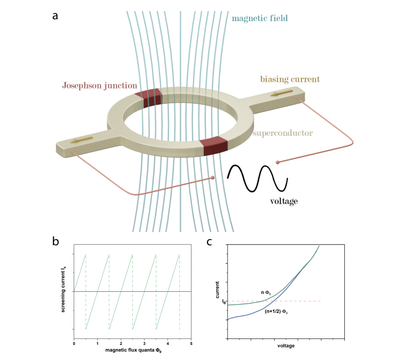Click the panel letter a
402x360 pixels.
pyautogui.click(x=55, y=15)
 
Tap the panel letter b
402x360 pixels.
pyautogui.click(x=56, y=241)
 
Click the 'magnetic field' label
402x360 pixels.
pyautogui.click(x=260, y=19)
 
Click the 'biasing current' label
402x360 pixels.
pyautogui.click(x=290, y=79)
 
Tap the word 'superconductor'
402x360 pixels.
pyautogui.click(x=283, y=133)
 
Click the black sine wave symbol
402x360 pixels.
pyautogui.click(x=257, y=178)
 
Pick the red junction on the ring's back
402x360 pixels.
pyautogui.click(x=151, y=98)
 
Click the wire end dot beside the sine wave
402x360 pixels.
pyautogui.click(x=277, y=162)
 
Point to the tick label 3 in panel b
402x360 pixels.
pyautogui.click(x=144, y=344)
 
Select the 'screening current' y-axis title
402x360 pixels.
pyautogui.click(x=65, y=291)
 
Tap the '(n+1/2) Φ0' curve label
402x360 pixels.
pyautogui.click(x=277, y=311)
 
